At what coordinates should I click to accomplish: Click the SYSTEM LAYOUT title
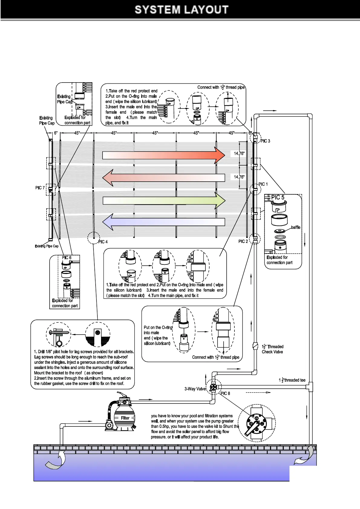pos(182,10)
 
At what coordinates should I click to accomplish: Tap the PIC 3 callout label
pos(265,141)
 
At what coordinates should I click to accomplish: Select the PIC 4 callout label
pos(103,242)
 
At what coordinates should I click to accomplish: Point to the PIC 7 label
pos(40,188)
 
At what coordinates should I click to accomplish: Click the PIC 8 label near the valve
pos(225,393)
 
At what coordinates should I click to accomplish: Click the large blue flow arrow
pos(163,222)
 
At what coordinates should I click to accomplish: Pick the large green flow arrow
pos(164,200)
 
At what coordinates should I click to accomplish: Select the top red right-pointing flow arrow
pos(163,155)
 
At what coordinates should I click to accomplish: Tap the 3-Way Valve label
pos(195,389)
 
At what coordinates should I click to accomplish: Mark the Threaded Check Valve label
pos(272,349)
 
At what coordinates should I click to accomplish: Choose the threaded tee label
pos(292,380)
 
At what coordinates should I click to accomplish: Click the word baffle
pos(296,227)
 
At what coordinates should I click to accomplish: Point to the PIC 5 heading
pos(278,197)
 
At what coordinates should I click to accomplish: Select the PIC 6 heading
pos(67,258)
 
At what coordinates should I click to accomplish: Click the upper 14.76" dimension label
pos(239,154)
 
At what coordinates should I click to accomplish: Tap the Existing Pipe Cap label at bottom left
pos(47,246)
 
